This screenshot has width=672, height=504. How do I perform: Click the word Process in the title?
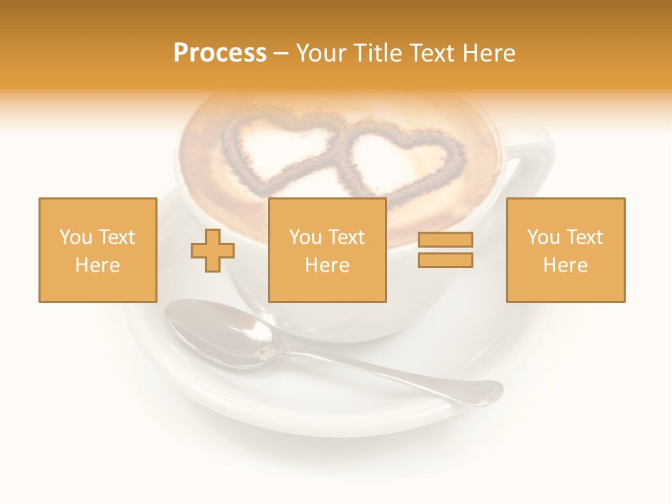tap(220, 53)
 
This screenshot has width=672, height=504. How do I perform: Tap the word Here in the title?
tap(488, 53)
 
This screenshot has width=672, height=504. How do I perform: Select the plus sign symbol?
tap(213, 251)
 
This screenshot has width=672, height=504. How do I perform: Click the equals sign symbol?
tap(445, 250)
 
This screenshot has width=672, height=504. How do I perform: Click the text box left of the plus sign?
tap(97, 250)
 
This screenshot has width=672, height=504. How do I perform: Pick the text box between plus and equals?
tap(327, 250)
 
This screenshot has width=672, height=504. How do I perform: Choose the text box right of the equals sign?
tap(565, 250)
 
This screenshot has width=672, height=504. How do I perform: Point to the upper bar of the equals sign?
tap(445, 240)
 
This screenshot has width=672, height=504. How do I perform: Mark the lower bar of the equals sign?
tap(445, 260)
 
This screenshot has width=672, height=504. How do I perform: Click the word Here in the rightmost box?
tap(565, 265)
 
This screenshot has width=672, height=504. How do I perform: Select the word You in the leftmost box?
tap(75, 237)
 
